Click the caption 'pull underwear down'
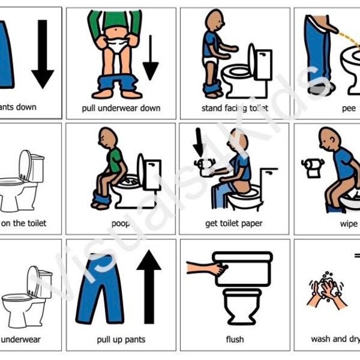click(x=121, y=108)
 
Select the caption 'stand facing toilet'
click(x=235, y=108)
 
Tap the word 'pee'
click(x=349, y=108)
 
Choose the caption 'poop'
click(x=121, y=223)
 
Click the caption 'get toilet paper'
click(x=235, y=223)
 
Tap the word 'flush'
click(x=235, y=339)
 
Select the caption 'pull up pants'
click(x=121, y=339)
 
